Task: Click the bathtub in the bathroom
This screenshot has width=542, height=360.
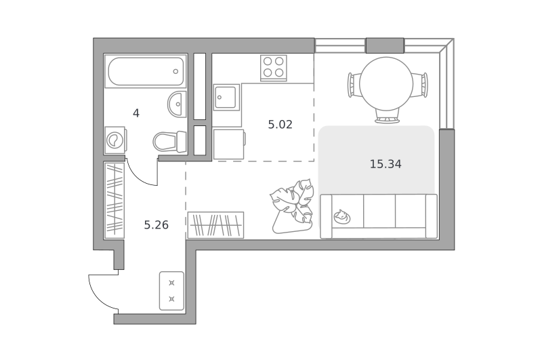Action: pos(146,71)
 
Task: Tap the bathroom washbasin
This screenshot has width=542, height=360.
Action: pos(177,104)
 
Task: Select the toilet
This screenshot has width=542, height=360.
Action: pos(170,141)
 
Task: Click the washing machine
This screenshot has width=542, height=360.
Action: pos(115,140)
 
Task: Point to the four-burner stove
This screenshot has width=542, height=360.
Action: pos(274,68)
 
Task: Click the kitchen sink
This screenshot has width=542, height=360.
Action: pos(226,97)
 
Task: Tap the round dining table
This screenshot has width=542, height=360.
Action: pos(386,84)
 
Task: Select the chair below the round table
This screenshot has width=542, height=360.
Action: pos(387,117)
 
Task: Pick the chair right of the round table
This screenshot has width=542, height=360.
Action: pos(420,85)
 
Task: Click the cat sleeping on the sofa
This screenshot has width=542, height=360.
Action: pos(342,216)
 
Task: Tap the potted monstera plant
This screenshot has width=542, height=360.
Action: pos(292,206)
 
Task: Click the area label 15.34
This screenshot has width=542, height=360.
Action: pos(385,164)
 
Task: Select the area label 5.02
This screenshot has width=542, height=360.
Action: pos(280,124)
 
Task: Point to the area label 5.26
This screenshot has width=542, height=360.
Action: pos(157,225)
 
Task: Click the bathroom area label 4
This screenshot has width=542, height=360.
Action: pos(136,113)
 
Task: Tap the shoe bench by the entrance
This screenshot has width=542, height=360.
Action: pos(171,291)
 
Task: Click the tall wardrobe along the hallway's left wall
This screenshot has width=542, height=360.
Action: pos(114,201)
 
